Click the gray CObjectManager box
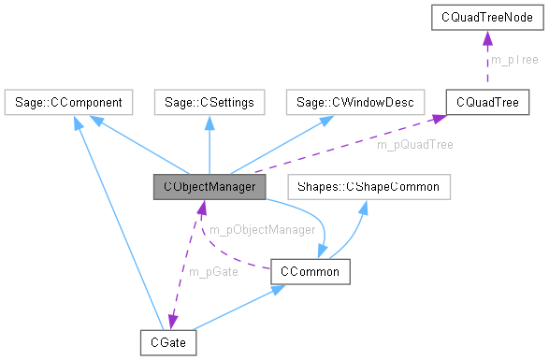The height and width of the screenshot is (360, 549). click(209, 186)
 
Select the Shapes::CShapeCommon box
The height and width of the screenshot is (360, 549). click(368, 186)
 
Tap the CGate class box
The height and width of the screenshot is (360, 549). click(168, 342)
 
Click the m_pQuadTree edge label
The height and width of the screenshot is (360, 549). click(415, 145)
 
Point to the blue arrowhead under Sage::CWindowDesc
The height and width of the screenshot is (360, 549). click(328, 118)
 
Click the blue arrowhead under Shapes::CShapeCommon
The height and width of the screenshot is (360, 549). click(362, 204)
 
